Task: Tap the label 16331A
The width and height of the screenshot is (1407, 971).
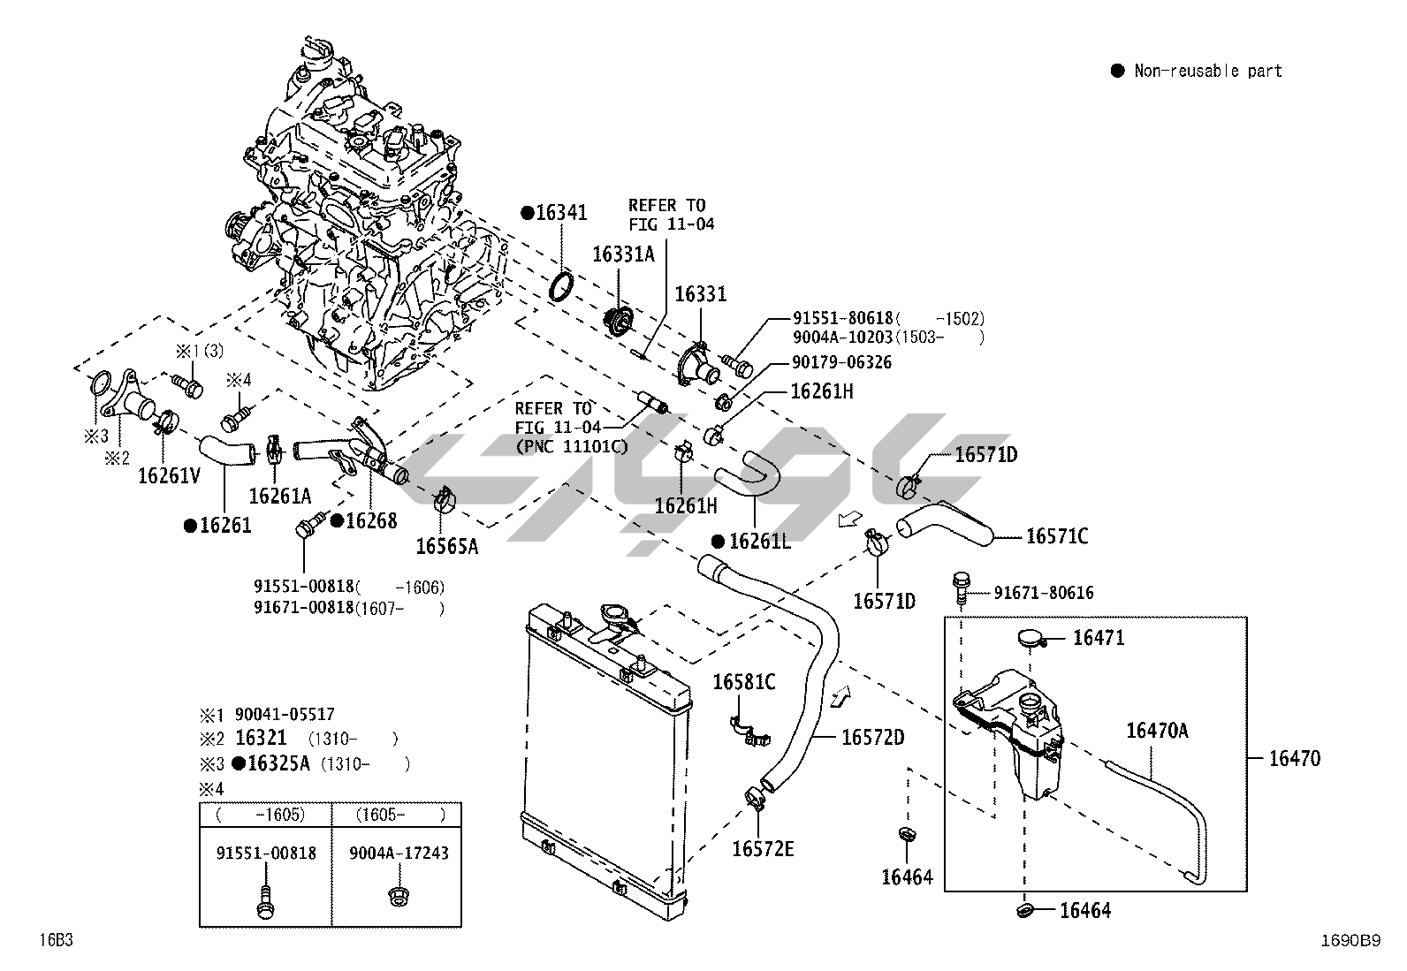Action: [x=623, y=254]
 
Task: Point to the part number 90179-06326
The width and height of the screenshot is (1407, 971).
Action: [x=830, y=362]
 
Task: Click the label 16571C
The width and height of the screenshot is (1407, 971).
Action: [x=1056, y=536]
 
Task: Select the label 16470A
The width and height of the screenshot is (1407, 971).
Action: [x=1157, y=731]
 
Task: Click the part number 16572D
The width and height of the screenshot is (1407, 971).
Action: [x=872, y=737]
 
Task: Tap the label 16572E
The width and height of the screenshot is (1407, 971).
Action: [x=763, y=849]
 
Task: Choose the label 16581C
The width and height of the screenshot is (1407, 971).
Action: [x=744, y=682]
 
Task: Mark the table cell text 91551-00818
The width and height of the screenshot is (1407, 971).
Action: [x=266, y=853]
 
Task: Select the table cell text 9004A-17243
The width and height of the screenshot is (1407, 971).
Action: [x=399, y=853]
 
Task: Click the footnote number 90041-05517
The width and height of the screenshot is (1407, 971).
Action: [x=285, y=714]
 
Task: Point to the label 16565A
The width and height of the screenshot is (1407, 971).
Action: [x=447, y=547]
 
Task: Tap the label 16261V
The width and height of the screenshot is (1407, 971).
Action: [x=170, y=475]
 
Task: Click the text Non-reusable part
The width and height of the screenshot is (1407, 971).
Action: [x=1207, y=71]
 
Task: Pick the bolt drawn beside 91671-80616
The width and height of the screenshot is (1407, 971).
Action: [x=962, y=587]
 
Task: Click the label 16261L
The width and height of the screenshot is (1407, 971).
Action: [x=759, y=542]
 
